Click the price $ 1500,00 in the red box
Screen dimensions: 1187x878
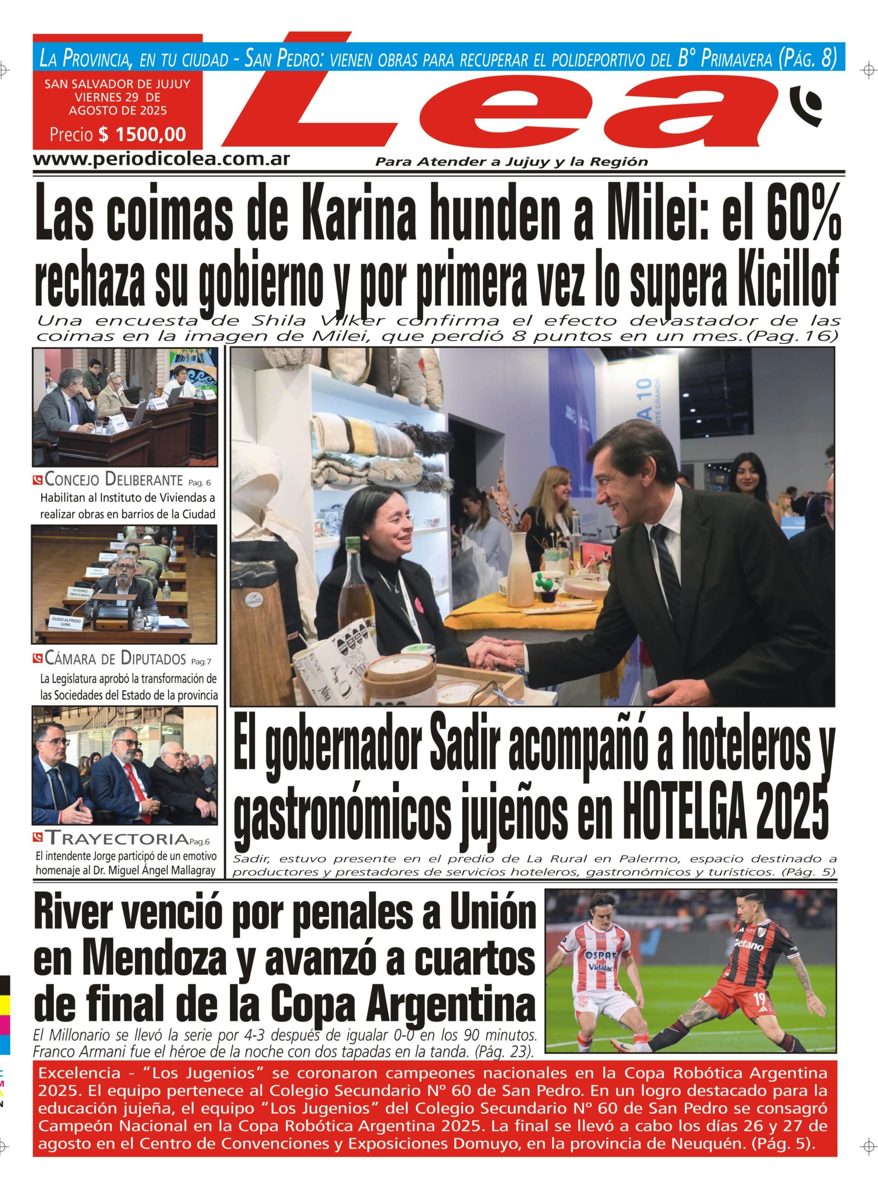pos(141,134)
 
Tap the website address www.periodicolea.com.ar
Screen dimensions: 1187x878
pos(161,159)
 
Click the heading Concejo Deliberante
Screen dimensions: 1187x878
pos(114,480)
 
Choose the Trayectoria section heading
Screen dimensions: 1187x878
pos(117,838)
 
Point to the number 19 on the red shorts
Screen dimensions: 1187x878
pos(759,999)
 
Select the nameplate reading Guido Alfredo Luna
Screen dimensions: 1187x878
pos(61,622)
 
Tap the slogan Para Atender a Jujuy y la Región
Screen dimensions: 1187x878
pos(511,161)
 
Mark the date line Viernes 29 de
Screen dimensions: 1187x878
pos(117,97)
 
